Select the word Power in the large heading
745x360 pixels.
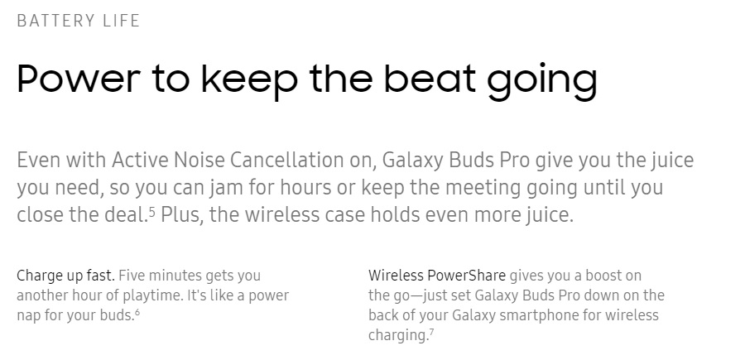point(79,78)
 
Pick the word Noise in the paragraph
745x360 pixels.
point(199,160)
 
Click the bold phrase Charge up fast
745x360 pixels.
point(65,276)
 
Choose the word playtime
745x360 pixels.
point(153,296)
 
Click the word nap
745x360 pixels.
point(28,316)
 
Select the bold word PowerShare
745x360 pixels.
point(466,276)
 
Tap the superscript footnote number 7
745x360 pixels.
point(431,333)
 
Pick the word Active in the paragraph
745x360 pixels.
point(140,160)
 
